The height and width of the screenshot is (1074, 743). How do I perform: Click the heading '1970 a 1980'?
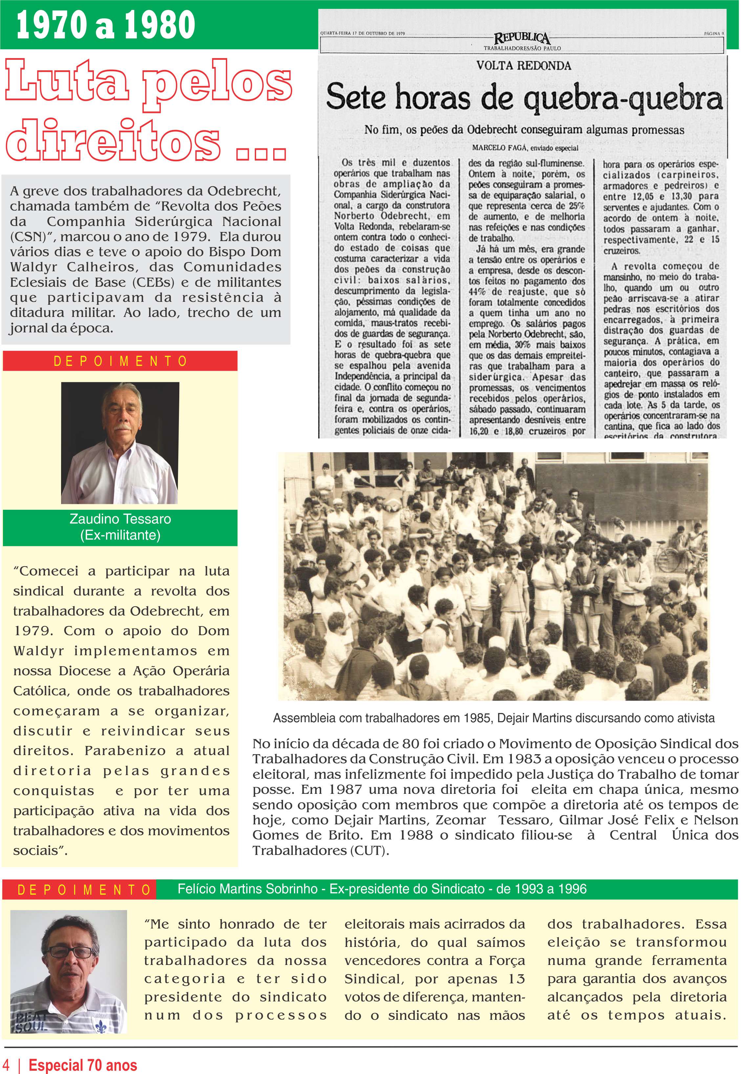pyautogui.click(x=105, y=25)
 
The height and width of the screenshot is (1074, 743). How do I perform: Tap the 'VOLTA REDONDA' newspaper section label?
pyautogui.click(x=523, y=65)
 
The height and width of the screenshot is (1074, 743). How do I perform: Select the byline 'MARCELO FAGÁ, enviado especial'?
pyautogui.click(x=525, y=148)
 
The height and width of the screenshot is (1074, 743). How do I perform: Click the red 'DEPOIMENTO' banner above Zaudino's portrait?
pyautogui.click(x=120, y=361)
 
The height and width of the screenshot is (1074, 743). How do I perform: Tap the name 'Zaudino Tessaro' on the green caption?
pyautogui.click(x=120, y=519)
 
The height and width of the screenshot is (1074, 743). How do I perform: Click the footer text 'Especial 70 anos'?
pyautogui.click(x=83, y=1065)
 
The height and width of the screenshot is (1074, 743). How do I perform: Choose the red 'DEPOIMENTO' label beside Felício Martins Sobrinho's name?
pyautogui.click(x=84, y=889)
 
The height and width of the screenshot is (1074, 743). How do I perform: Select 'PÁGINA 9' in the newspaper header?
pyautogui.click(x=714, y=34)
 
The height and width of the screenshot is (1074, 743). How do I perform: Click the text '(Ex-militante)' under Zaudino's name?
pyautogui.click(x=120, y=535)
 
